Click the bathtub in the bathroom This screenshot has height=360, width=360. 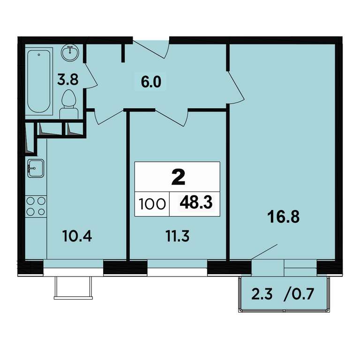coord(38,81)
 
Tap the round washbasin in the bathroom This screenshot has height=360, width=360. coord(70,52)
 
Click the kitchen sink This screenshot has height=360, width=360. coord(36,169)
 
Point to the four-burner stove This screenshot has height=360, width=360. coord(36,206)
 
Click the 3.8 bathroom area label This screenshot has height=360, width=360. coord(67,80)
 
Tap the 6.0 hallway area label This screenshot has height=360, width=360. coord(151,82)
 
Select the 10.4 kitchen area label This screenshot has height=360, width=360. coord(77,236)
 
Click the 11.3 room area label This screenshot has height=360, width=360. coord(178,236)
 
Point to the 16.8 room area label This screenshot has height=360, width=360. coord(284,217)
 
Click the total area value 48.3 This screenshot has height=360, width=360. coord(196,202)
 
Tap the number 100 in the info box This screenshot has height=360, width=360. coord(152,204)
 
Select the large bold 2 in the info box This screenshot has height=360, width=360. coord(178,177)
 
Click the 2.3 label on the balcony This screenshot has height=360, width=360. coord(262,294)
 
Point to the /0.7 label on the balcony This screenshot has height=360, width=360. coord(299,294)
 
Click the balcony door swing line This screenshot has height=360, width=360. coord(264,252)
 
